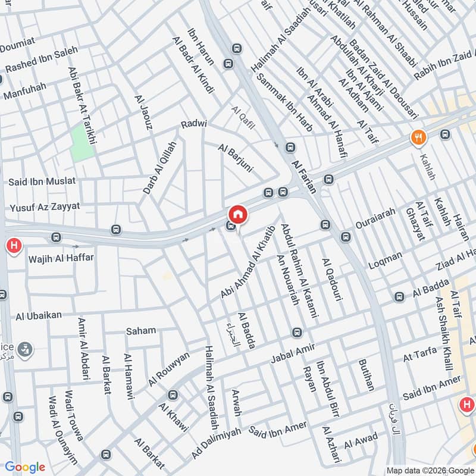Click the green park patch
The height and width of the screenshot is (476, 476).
click(x=82, y=142)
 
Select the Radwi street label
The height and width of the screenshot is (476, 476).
click(x=194, y=124)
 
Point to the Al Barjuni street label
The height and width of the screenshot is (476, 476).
click(x=235, y=158)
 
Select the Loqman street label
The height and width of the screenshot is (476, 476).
click(x=386, y=259)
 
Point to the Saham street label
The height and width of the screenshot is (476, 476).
click(x=141, y=330)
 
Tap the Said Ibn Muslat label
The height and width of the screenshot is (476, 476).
click(x=42, y=180)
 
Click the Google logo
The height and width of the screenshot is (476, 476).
click(x=25, y=467)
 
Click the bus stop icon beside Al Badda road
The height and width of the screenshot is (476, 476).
click(x=400, y=297)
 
